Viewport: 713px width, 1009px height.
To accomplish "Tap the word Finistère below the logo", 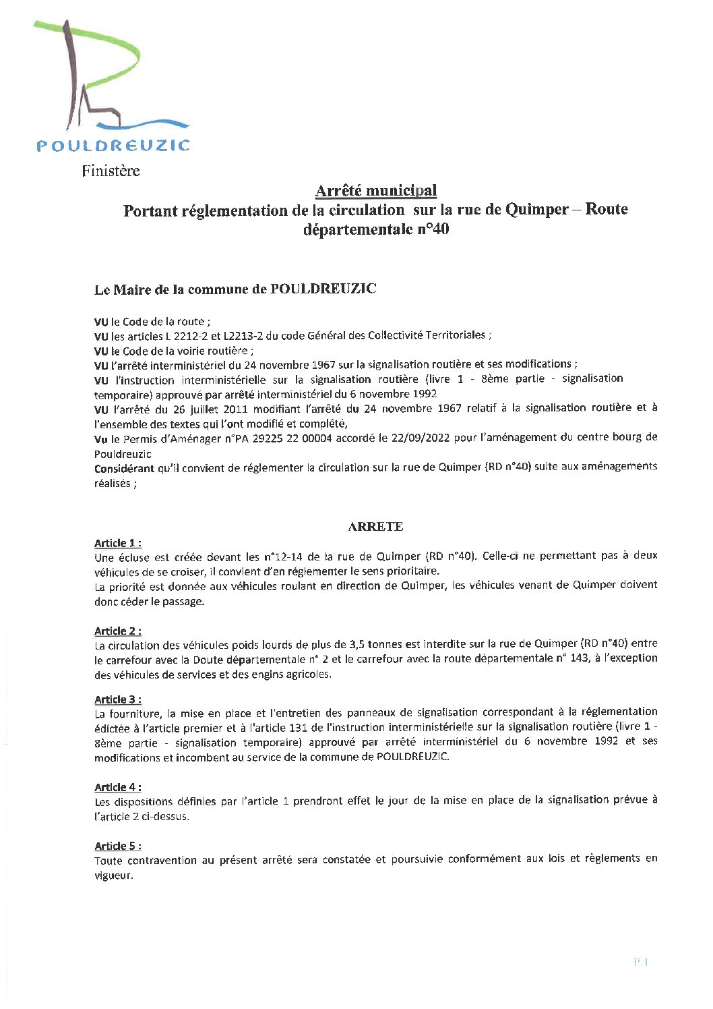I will [111, 171].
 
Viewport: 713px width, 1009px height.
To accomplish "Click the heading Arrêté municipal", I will [375, 191].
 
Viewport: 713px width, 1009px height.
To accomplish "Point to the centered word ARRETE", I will [375, 527].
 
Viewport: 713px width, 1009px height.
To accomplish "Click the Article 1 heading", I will [117, 543].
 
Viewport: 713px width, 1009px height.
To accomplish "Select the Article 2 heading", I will [117, 631].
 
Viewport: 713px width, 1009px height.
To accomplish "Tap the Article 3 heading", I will [117, 699].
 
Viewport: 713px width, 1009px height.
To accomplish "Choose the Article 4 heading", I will [117, 787].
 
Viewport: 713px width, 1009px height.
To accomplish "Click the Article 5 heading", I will [117, 846].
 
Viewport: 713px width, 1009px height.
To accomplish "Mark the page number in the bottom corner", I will [640, 962].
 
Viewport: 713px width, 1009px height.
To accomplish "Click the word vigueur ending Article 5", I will [113, 876].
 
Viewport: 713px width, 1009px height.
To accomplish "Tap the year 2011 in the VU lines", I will [246, 408].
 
